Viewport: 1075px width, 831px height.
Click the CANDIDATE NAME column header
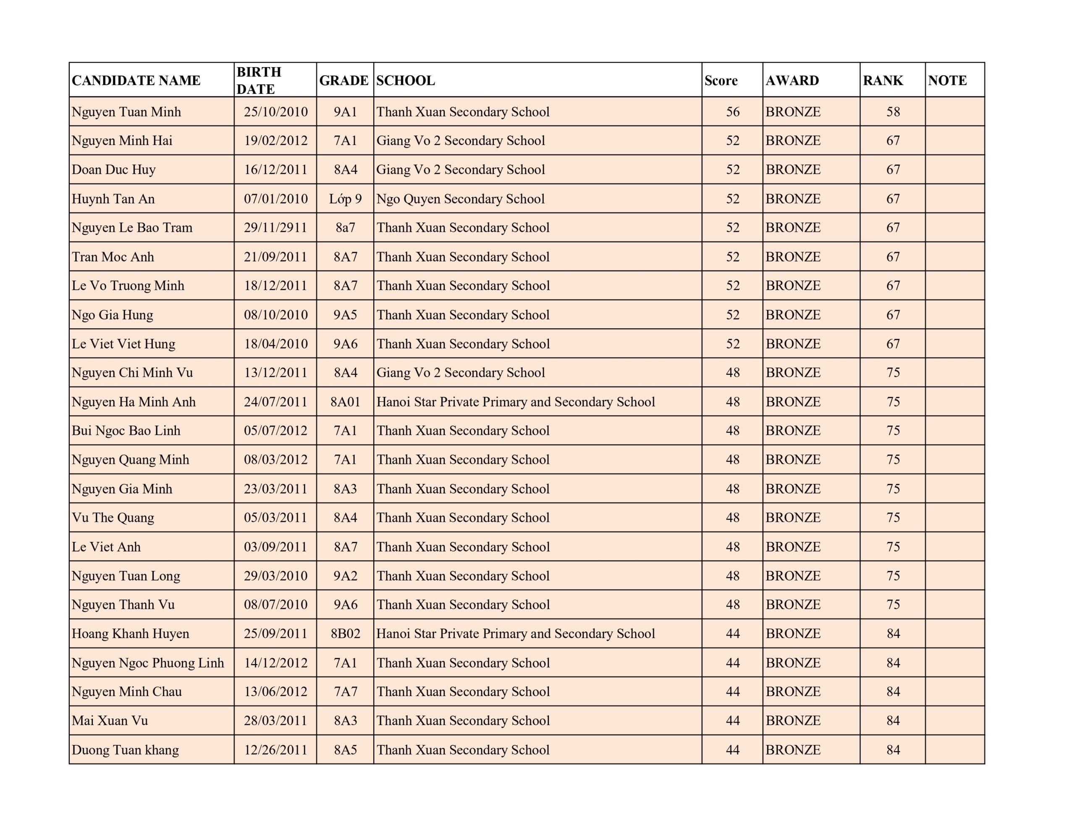[x=136, y=80]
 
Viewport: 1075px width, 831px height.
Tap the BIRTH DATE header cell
[x=259, y=80]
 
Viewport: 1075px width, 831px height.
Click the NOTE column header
[x=947, y=80]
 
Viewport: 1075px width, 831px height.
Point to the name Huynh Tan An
[x=113, y=199]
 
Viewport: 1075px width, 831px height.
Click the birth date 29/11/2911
[x=275, y=228]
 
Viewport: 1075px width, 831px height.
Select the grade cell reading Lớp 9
[x=345, y=199]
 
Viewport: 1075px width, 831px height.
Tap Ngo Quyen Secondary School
[x=460, y=199]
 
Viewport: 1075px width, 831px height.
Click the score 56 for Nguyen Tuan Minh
[x=732, y=112]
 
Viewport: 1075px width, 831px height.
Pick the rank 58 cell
[x=893, y=112]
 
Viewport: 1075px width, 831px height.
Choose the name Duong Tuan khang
[x=125, y=750]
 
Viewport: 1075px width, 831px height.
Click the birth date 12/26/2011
[x=275, y=750]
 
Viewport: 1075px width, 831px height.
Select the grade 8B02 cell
[x=345, y=634]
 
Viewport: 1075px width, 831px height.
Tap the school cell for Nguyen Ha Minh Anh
[x=515, y=402]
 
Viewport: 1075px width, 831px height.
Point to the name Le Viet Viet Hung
[x=123, y=344]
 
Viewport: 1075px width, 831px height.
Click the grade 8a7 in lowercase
[x=345, y=228]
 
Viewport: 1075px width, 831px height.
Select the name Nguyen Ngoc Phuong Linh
[x=148, y=663]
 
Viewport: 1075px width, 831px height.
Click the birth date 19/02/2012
[x=275, y=141]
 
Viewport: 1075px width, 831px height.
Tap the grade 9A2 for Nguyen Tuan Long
[x=345, y=576]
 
